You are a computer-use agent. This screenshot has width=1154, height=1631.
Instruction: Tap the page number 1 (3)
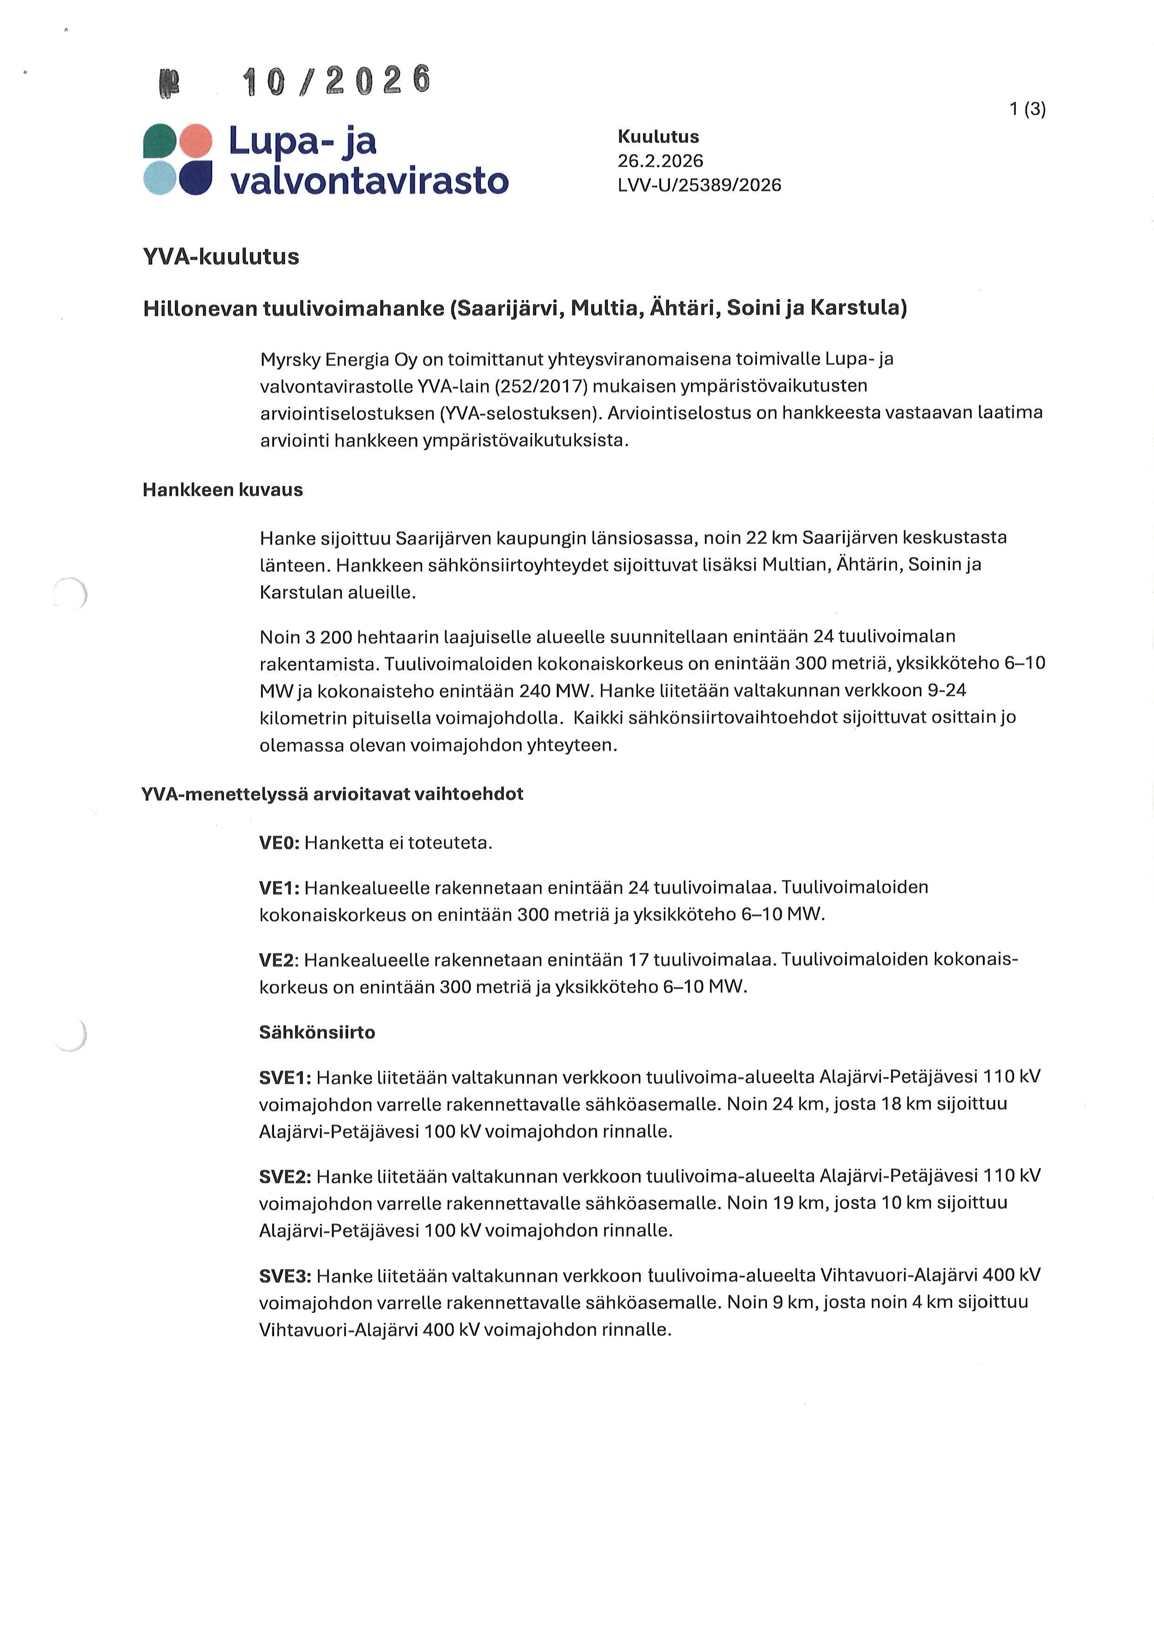(1027, 109)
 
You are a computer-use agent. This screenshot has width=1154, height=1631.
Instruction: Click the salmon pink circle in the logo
(195, 140)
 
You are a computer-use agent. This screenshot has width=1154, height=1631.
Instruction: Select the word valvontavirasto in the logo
(369, 180)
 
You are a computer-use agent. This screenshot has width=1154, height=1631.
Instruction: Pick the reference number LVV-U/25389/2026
(699, 186)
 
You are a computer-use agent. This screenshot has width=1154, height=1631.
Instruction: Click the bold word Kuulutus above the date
(658, 136)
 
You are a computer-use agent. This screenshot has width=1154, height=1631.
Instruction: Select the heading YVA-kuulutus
(221, 256)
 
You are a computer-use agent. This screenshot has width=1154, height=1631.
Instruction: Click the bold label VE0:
(279, 843)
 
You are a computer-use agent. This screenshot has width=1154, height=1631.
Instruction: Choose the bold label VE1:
(279, 888)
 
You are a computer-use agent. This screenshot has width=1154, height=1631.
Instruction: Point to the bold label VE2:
(279, 960)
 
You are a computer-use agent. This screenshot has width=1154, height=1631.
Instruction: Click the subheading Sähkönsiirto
(317, 1032)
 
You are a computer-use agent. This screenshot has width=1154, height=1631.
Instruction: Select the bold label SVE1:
(285, 1078)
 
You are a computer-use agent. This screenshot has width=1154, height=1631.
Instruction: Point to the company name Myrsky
(290, 359)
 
